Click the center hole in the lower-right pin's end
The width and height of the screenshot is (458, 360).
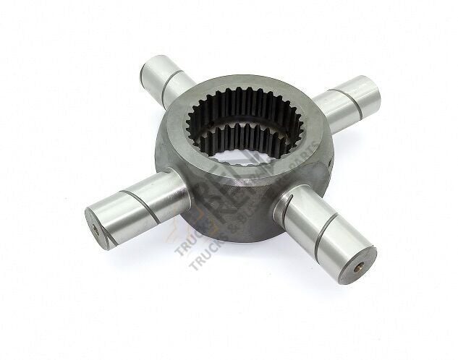click(356, 264)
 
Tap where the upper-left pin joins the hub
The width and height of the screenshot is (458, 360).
click(190, 93)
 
